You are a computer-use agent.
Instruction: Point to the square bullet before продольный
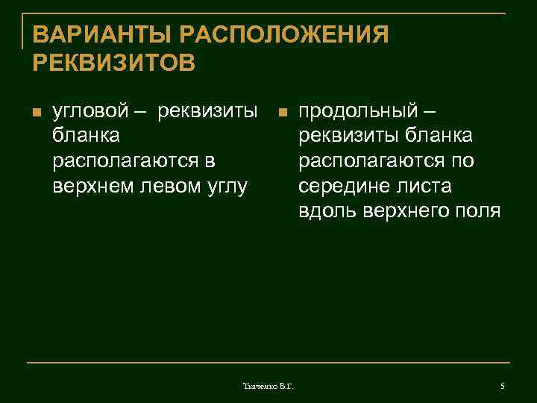(281, 113)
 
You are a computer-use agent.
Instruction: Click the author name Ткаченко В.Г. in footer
(268, 386)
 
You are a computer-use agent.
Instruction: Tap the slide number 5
(503, 386)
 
